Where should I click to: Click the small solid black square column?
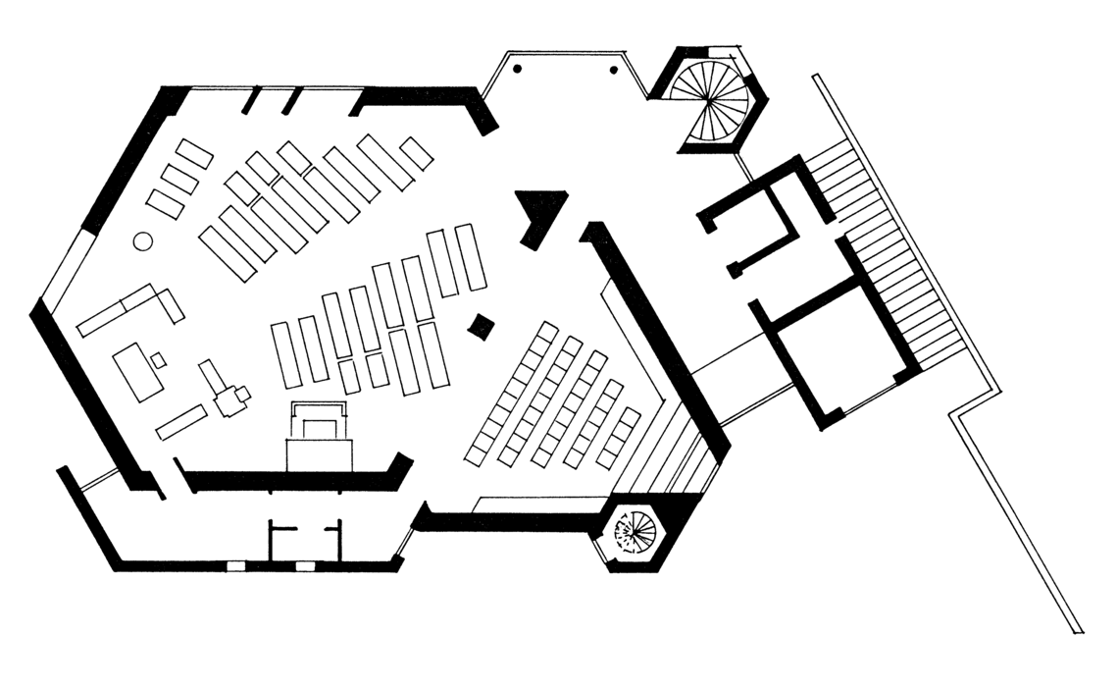click(480, 327)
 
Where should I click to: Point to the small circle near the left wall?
click(142, 239)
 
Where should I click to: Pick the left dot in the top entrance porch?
click(518, 69)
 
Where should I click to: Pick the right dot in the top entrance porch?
click(615, 70)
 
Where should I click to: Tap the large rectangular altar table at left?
click(137, 372)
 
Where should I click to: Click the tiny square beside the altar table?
click(159, 360)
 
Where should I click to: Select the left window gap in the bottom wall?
click(235, 566)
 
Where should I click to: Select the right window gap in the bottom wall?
click(305, 566)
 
